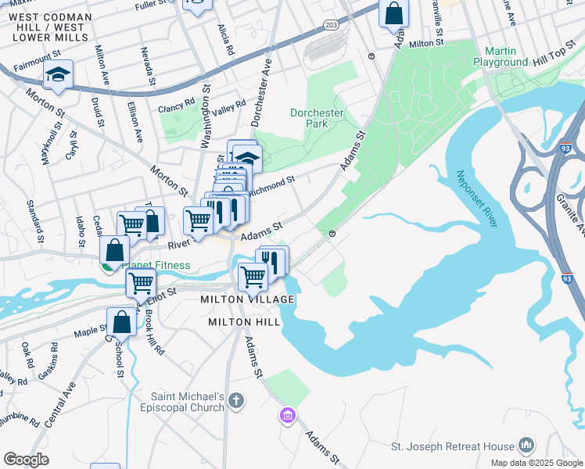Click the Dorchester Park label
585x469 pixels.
coord(317,118)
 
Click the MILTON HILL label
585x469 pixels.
coord(239,322)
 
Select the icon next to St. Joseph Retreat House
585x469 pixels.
coord(526,446)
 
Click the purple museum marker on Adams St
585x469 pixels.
coord(288,414)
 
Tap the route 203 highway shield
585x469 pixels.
coord(331,25)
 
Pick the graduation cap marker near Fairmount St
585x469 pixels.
coord(58,75)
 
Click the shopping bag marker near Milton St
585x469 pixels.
coord(394,13)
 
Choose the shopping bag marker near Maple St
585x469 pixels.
coord(123,321)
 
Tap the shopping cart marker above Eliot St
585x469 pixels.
coord(141,282)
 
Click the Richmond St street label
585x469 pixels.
coord(271,181)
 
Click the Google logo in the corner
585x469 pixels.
coord(27,460)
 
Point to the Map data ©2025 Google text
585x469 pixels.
coord(536,463)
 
